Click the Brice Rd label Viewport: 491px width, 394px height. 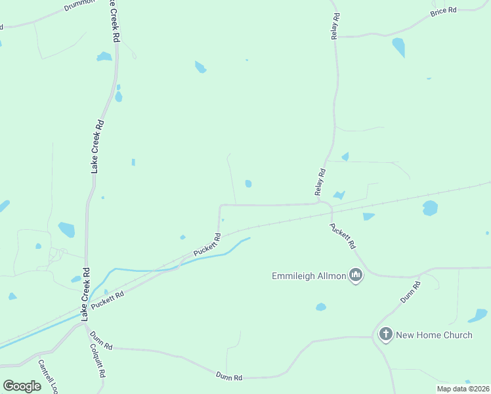443,11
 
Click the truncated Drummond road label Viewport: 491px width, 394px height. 79,7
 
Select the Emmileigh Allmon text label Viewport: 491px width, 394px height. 309,276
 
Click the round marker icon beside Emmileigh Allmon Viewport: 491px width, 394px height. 356,275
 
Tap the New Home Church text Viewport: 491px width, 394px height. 434,335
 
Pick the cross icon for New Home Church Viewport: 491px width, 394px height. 385,335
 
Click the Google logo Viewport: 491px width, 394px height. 22,385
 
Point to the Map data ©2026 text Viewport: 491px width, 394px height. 462,389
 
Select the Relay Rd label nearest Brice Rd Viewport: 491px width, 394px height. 335,26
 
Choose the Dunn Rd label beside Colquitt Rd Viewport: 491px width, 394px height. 102,339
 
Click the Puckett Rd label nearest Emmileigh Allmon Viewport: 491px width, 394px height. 343,235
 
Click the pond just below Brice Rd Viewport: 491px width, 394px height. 398,47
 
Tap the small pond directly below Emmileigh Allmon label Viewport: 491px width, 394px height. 320,307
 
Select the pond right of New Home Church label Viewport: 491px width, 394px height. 478,316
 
